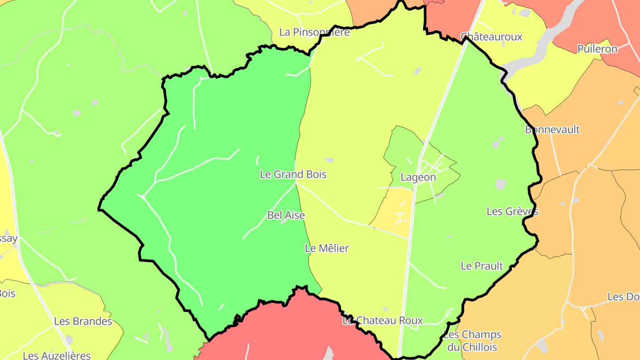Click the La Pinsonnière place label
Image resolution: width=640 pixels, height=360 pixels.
(314, 32)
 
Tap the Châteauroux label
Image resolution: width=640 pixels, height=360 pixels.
(491, 36)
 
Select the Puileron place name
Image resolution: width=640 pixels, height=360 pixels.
(597, 49)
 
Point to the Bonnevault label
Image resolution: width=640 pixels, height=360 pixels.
(552, 130)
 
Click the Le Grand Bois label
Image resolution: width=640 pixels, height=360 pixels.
(293, 174)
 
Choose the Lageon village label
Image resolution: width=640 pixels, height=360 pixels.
(418, 177)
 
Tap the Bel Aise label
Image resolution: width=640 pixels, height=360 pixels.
(286, 215)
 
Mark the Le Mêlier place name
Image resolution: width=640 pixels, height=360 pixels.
(327, 248)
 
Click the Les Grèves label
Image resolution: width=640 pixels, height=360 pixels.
(512, 212)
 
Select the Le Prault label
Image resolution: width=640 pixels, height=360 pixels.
(482, 266)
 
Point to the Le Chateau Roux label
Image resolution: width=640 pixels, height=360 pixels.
(383, 320)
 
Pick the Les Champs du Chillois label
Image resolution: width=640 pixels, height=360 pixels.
(472, 340)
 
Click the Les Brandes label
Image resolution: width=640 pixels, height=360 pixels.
(83, 321)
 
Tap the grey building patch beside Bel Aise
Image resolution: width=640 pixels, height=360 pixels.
(283, 221)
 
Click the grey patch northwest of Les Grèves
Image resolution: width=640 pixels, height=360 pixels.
(501, 184)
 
